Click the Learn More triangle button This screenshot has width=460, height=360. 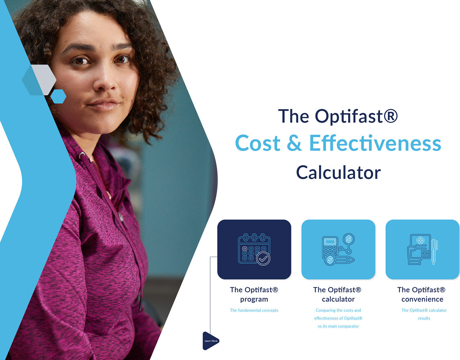click(x=210, y=341)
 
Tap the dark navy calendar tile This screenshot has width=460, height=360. click(x=254, y=249)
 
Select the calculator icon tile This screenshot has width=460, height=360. click(x=338, y=249)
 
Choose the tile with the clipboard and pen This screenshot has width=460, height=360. click(x=422, y=249)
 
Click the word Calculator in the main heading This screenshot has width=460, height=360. click(x=338, y=172)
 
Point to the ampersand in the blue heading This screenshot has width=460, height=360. click(x=294, y=143)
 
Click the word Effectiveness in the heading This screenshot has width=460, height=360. click(x=375, y=143)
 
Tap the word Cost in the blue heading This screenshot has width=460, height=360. click(x=258, y=143)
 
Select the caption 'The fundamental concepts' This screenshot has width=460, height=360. click(x=254, y=310)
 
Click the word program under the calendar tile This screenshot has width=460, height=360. click(x=254, y=299)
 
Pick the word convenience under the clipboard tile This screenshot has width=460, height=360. click(x=422, y=299)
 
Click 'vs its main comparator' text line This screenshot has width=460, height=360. click(x=338, y=326)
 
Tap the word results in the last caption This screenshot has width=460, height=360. click(x=424, y=318)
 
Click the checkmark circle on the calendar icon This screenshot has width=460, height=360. click(x=263, y=259)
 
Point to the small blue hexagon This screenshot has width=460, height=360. click(x=58, y=96)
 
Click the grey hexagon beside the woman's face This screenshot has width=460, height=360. click(x=44, y=80)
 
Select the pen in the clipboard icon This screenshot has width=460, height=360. click(x=434, y=252)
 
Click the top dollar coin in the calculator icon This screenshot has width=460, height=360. click(x=349, y=239)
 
